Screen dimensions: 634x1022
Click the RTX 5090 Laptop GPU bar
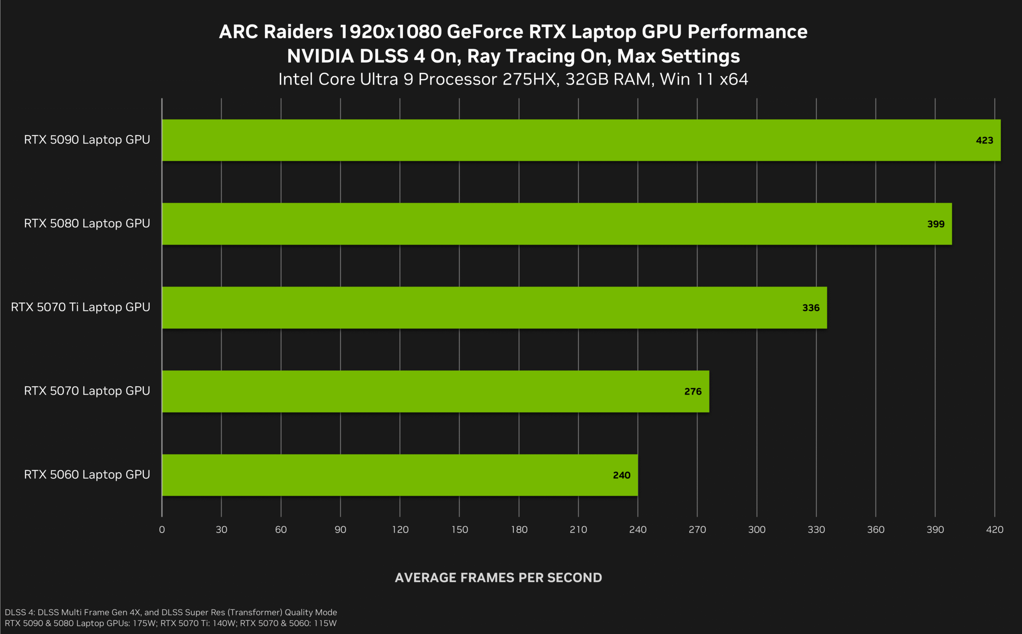581,140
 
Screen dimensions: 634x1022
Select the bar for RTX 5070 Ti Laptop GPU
494,307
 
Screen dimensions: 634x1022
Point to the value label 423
984,140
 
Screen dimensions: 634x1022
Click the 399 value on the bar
936,224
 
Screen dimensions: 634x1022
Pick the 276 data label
693,392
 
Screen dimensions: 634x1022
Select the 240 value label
621,475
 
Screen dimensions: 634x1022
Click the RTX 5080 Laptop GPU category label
87,223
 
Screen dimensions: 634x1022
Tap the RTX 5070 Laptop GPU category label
87,391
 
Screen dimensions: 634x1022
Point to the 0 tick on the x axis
162,529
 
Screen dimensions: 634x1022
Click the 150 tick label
460,529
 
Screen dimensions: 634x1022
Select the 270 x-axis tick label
697,529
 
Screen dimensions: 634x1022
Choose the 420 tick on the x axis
994,529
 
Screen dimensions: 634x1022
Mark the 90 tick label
340,529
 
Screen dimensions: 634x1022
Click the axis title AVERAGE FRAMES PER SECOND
498,578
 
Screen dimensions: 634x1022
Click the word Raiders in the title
298,32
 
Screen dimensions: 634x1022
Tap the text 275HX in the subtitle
531,79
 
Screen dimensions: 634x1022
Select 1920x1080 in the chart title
390,32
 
